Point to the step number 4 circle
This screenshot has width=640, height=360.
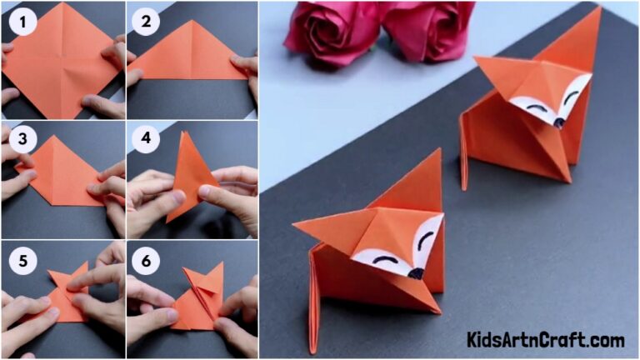click(x=146, y=138)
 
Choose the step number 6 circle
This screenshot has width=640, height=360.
click(x=146, y=259)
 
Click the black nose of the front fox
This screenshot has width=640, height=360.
click(x=417, y=272)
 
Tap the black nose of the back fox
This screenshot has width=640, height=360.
click(x=558, y=122)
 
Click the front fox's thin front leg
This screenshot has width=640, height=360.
click(x=315, y=317)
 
